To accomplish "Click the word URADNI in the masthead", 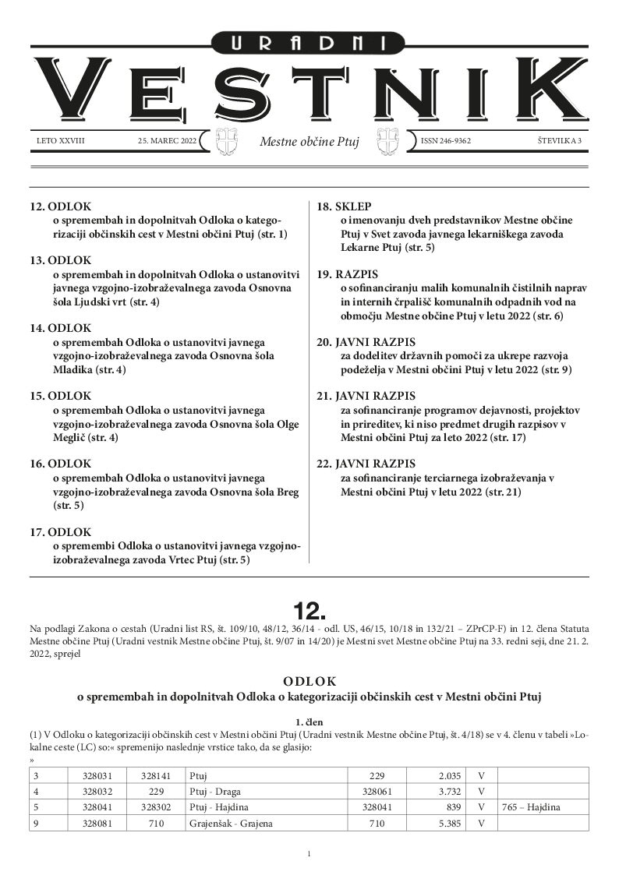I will click(309, 44).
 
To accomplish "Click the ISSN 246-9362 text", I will click(446, 142).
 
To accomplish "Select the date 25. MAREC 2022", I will click(167, 142).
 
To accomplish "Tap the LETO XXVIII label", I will click(60, 142).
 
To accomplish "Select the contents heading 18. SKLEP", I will click(344, 207).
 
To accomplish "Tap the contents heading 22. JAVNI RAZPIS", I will click(366, 463).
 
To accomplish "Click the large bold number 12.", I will click(309, 609).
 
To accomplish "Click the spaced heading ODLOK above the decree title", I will click(309, 679).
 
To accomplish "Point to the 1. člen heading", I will click(309, 722).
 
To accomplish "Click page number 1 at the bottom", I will click(309, 854).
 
